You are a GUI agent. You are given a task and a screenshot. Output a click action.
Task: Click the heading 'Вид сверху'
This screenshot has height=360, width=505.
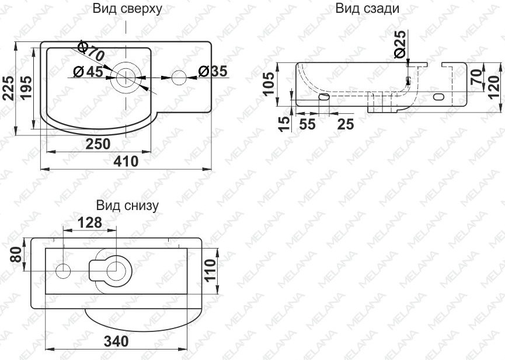127,9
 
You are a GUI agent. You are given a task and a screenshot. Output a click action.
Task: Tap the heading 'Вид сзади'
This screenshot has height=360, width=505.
367,9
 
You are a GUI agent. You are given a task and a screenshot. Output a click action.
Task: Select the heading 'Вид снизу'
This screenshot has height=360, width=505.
127,205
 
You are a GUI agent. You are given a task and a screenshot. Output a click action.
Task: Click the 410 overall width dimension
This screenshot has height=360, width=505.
126,161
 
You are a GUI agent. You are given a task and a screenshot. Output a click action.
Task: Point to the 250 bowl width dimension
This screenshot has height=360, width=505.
98,144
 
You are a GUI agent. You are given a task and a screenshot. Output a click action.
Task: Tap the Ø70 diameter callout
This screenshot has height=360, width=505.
91,51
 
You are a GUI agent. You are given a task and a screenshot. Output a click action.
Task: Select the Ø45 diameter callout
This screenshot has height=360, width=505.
88,71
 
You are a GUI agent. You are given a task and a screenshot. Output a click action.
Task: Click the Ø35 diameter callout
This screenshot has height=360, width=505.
213,71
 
